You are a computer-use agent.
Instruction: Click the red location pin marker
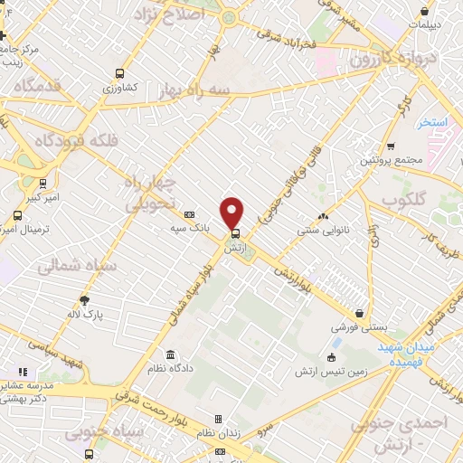click(x=232, y=212)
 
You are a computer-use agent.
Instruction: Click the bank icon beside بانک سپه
click(x=189, y=215)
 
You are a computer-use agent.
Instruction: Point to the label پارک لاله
click(x=88, y=314)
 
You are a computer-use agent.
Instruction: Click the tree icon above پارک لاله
click(x=86, y=299)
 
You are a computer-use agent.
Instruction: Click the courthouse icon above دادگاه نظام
click(x=171, y=354)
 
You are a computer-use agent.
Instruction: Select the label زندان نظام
click(x=218, y=433)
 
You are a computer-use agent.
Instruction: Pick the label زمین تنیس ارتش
click(x=329, y=372)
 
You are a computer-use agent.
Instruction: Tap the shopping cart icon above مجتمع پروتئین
click(x=390, y=146)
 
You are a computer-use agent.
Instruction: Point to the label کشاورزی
click(x=119, y=88)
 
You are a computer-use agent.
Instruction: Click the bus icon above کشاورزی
click(x=119, y=74)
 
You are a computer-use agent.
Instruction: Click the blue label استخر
click(x=433, y=123)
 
